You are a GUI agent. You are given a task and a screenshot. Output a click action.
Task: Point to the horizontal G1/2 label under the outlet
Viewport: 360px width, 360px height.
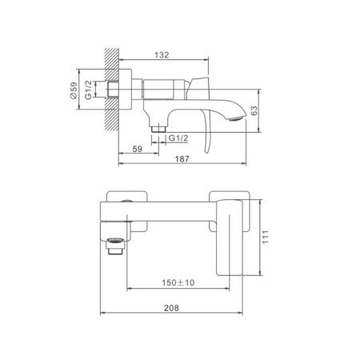[x=178, y=138]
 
